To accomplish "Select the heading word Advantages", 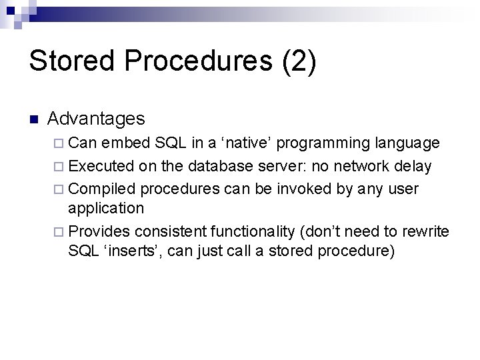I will pos(96,119).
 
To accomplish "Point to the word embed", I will pos(125,143).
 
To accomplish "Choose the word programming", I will pos(325,143).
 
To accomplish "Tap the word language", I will pos(407,143).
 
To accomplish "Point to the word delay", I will pos(413,165).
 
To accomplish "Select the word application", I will pos(106,208).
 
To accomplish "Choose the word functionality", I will pos(255,231).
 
